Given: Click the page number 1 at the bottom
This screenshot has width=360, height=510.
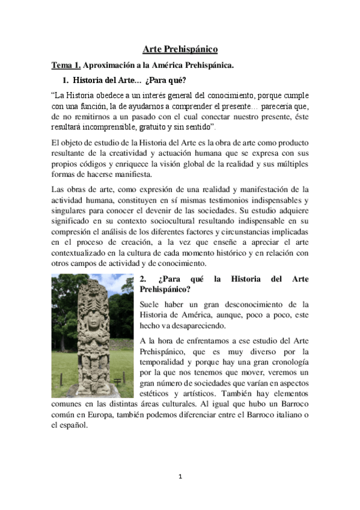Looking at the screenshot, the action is [180, 477].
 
